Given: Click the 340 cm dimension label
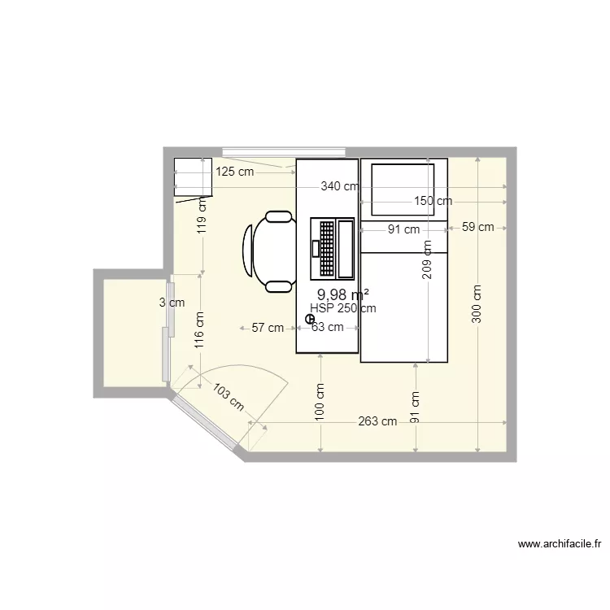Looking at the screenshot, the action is tap(340, 187).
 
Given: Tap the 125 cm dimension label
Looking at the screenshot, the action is tap(234, 172).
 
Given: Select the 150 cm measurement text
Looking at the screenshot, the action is tap(433, 201).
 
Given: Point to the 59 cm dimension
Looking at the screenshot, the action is tap(477, 227).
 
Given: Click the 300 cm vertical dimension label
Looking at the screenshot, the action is tap(477, 304).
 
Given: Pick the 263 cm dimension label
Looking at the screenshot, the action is tap(377, 421).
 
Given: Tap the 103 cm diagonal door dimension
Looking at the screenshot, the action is tap(229, 397).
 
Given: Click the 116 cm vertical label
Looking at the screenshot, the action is tap(199, 330).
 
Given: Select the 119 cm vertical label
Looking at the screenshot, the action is tap(202, 216).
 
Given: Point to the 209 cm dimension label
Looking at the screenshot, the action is tap(427, 259).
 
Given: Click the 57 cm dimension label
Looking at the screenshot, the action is tap(268, 328).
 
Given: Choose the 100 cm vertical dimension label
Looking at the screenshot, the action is tap(320, 402).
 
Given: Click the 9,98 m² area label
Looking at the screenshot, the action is tap(343, 294).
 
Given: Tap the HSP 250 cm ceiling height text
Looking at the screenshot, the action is tap(343, 308).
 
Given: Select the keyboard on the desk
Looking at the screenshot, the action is tap(327, 247).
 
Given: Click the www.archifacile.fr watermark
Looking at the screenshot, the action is tap(560, 544).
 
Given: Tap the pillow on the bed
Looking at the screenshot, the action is tap(403, 190).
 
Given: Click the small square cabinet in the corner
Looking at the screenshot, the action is tap(193, 176).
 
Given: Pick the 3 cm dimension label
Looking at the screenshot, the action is tap(172, 303).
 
